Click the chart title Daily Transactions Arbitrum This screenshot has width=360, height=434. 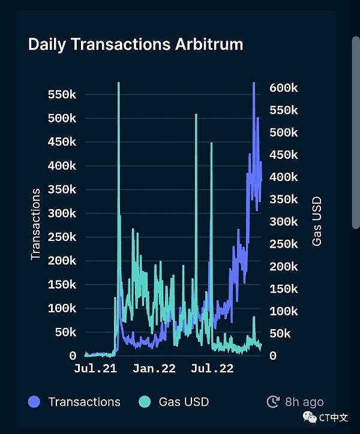pos(136,44)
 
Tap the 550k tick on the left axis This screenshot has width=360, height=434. pos(62,95)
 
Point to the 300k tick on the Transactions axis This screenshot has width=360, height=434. pos(62,213)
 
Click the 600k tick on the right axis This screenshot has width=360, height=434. pos(283,88)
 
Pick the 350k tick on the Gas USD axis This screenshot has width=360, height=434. pos(283,200)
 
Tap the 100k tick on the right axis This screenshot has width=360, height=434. pos(283,311)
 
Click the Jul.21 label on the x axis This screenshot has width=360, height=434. pos(95,368)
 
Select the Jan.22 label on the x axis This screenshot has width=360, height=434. pos(154,368)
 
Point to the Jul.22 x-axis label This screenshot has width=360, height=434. pos(212,368)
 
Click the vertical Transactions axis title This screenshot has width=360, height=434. pos(35,224)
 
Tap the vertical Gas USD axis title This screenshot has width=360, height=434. pos(317,221)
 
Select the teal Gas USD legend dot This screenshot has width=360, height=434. pos(144,402)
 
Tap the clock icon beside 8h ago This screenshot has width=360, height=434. pos(273,402)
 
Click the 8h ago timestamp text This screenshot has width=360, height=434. pos(304,402)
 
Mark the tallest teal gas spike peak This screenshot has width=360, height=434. pos(119,83)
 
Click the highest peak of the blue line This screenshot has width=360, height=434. pos(254,83)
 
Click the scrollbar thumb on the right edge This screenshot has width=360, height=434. pos(355,132)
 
